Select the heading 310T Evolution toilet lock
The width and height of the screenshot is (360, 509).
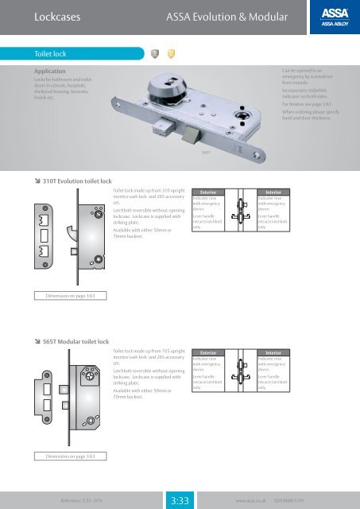71,182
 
